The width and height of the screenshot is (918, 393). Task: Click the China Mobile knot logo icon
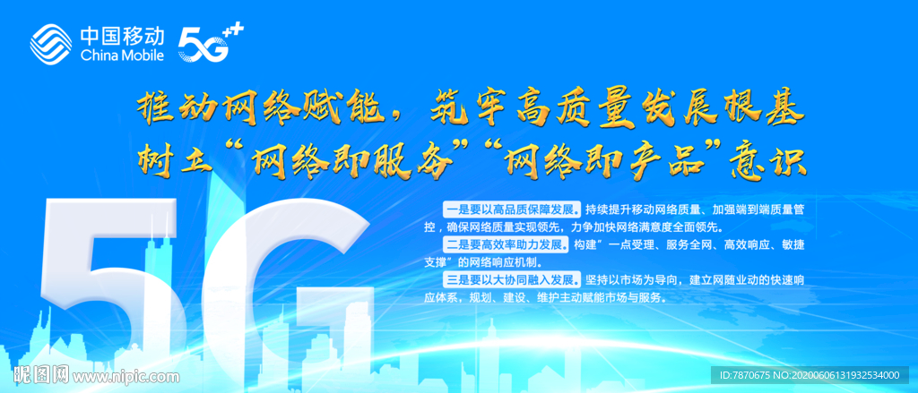coord(53,41)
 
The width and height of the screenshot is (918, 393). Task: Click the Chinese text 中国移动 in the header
coord(122,35)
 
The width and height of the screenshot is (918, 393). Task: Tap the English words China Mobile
coord(122,56)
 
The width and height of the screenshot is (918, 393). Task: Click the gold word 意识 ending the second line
coord(775,160)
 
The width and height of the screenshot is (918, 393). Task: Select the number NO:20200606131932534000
coord(843,375)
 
